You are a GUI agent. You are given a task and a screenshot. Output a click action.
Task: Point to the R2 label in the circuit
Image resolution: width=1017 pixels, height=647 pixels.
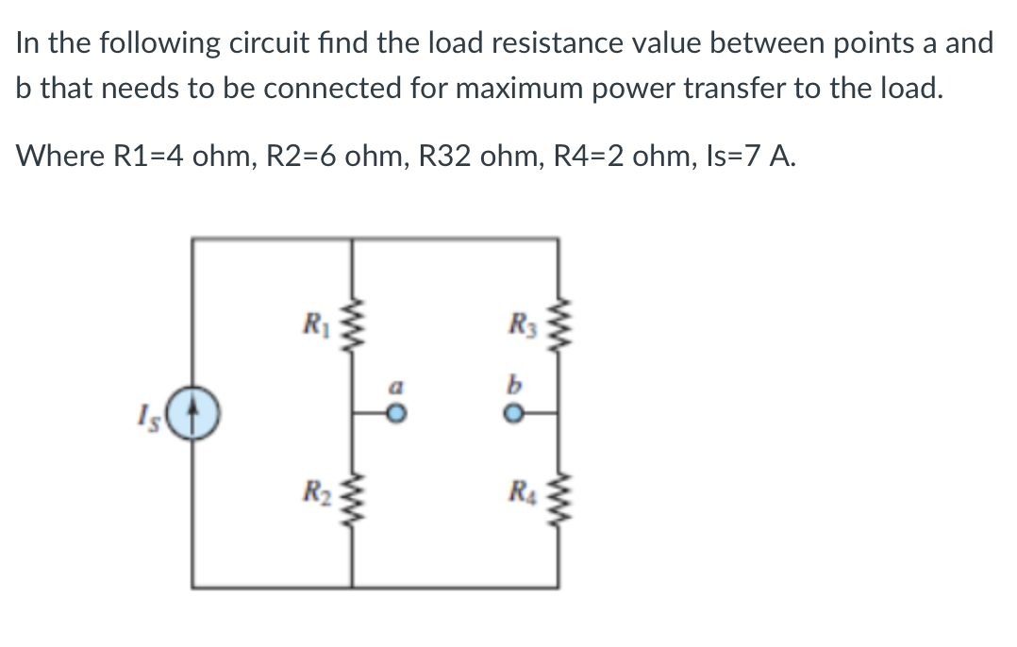tap(311, 493)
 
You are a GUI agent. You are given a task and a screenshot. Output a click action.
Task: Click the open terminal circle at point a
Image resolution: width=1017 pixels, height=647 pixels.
tap(399, 413)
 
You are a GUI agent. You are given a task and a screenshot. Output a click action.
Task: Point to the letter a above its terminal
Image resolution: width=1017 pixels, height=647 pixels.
tap(398, 386)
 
